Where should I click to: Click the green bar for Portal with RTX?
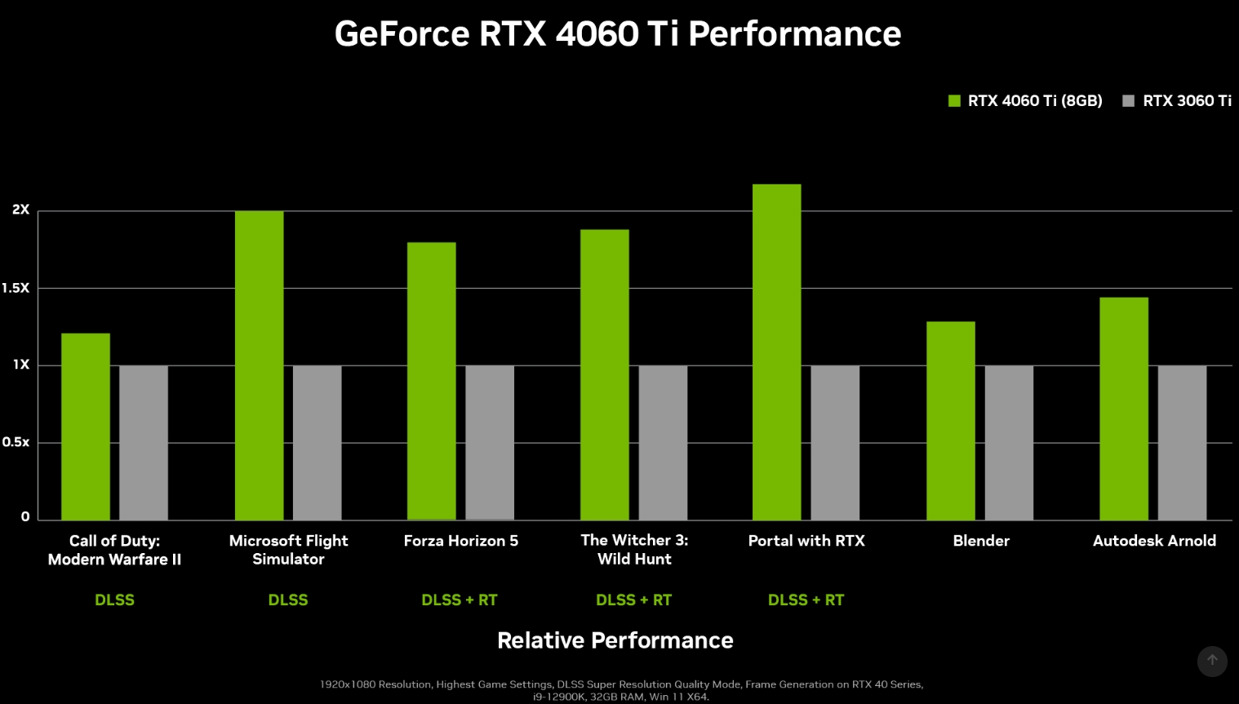pos(776,352)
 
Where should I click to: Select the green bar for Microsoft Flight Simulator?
pos(259,365)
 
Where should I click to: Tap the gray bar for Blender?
pos(1009,442)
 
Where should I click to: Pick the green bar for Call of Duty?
pos(86,426)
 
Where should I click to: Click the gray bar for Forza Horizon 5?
pos(490,442)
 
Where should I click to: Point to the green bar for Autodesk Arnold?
pos(1123,408)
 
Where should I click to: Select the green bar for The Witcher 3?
pos(604,374)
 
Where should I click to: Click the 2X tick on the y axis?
pos(20,210)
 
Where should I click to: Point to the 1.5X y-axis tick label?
pos(16,288)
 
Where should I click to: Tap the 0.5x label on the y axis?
pos(16,442)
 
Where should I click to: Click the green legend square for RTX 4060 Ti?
pos(954,101)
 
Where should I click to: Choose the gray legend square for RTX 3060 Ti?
pos(1128,101)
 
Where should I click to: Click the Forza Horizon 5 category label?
pos(460,541)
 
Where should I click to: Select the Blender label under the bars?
pos(981,541)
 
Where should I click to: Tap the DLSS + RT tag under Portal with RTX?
pos(806,600)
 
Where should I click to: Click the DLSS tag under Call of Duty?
pos(114,600)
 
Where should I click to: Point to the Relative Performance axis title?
pos(615,640)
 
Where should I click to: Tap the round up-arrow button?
pos(1212,661)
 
